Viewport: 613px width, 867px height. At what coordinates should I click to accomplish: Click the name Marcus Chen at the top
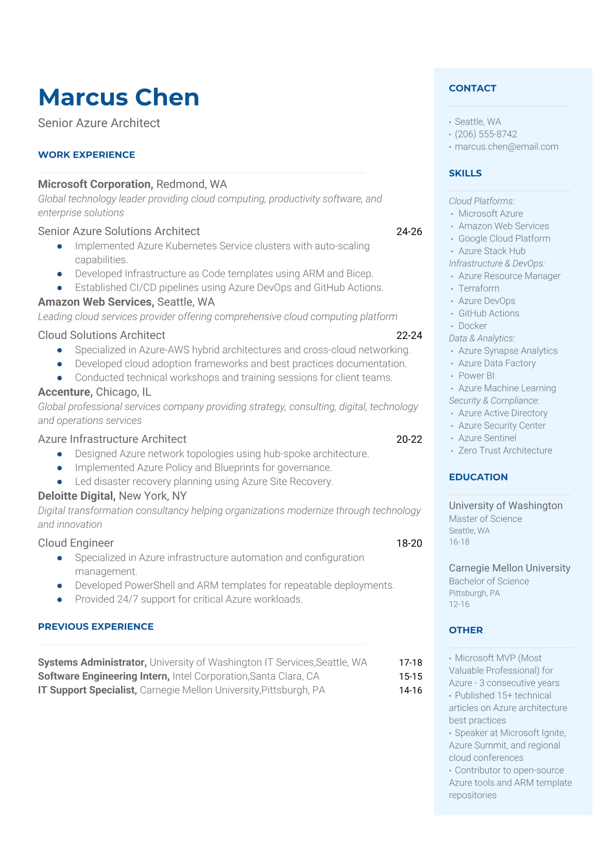point(118,97)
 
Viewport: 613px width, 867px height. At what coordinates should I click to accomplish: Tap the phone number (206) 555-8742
point(485,134)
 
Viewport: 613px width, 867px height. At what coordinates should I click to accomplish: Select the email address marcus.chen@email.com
point(506,146)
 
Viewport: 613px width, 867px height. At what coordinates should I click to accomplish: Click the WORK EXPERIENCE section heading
point(87,155)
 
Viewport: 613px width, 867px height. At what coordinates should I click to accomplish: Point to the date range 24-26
point(409,232)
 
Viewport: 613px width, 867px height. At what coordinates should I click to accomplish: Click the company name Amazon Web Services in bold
point(95,302)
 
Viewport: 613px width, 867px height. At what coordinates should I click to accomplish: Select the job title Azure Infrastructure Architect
point(112,439)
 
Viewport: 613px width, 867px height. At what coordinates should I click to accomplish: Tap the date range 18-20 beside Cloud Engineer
point(409,543)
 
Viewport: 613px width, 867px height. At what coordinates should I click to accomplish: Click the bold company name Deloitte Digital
point(76,496)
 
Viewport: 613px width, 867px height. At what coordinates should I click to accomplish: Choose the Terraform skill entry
point(479,288)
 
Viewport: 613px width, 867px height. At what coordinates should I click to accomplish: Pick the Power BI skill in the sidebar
point(476,376)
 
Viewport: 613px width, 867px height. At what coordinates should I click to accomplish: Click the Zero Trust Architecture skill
point(505,450)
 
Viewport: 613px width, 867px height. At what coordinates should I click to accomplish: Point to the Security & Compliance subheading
point(494,400)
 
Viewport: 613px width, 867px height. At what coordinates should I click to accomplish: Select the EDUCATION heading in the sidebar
point(478,477)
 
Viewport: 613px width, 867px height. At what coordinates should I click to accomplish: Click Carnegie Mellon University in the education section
point(509,568)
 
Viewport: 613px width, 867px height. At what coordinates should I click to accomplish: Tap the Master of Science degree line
point(485,519)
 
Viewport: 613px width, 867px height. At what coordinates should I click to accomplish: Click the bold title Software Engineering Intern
point(103,676)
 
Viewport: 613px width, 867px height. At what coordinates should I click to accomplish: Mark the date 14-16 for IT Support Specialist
point(410,690)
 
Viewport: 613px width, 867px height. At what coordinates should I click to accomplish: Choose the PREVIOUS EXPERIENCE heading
point(96,626)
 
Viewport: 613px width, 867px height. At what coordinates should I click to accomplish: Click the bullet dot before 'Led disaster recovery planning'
point(60,482)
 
